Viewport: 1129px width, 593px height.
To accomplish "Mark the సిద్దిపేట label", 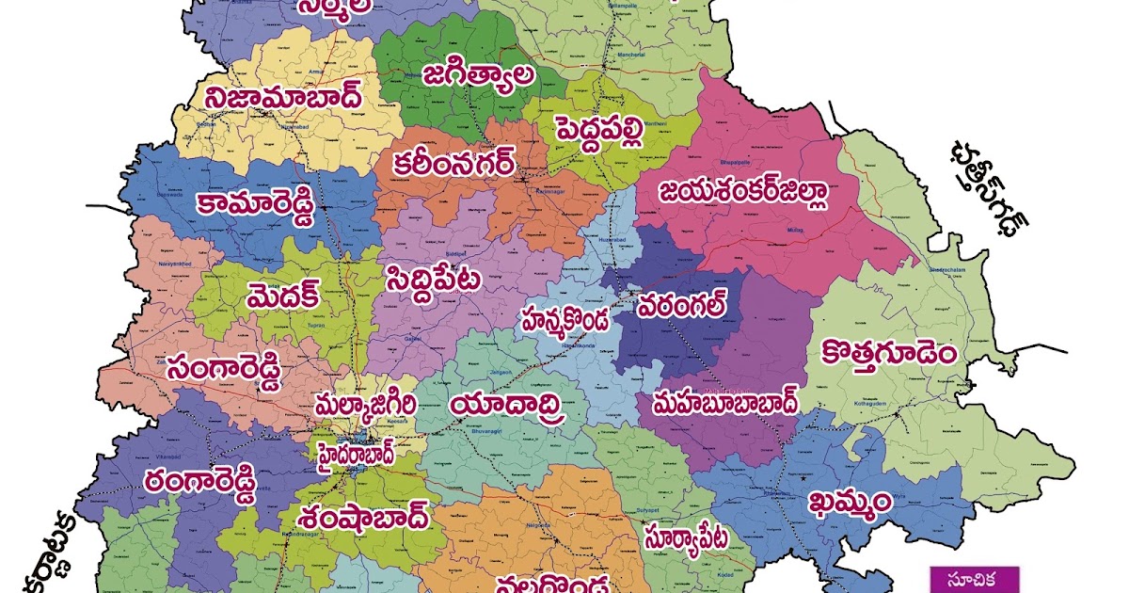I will click(433, 279).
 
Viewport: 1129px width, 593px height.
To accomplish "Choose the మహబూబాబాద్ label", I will click(718, 403).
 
